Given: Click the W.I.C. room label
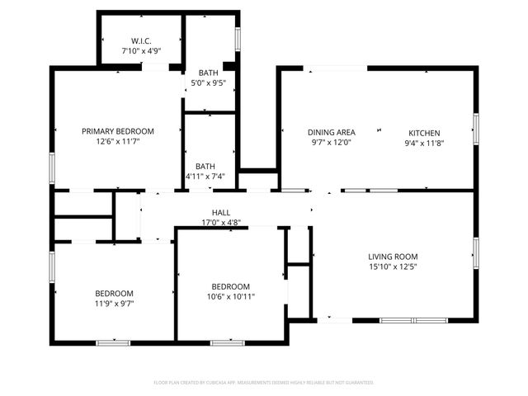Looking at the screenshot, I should (141, 40).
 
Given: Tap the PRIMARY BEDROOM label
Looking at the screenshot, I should (117, 131).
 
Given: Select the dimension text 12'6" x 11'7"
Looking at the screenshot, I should (117, 142).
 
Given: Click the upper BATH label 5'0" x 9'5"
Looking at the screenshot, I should (208, 73).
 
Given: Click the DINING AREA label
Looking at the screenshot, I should (331, 132).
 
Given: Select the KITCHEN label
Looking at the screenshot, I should (425, 133).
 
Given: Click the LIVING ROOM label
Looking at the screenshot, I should (394, 256).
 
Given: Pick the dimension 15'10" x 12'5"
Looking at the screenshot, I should (394, 266).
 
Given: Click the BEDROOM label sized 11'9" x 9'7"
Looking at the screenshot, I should (114, 293).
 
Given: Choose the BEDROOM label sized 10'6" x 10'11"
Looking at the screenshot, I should (230, 286).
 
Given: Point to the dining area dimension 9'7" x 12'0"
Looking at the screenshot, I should (331, 143).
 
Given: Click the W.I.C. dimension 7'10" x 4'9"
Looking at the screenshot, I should (141, 51).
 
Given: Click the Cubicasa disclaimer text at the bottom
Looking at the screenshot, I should (264, 383).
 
